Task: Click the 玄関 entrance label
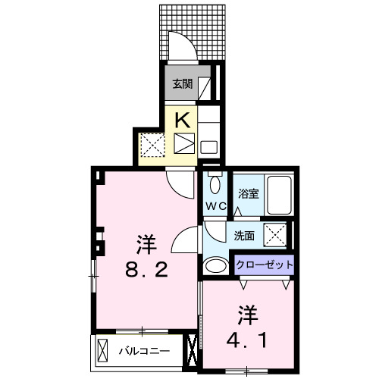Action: pos(181,84)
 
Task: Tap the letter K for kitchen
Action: pos(183,119)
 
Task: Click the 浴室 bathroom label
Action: pos(249,193)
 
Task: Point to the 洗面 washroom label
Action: pos(244,236)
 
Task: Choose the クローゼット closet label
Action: pos(262,265)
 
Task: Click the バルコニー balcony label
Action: pos(144,351)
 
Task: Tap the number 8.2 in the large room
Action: pos(146,270)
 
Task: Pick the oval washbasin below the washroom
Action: pos(215,265)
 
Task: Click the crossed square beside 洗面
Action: pos(274,236)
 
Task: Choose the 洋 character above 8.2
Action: pos(146,244)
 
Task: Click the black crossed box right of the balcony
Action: pos(191,352)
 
